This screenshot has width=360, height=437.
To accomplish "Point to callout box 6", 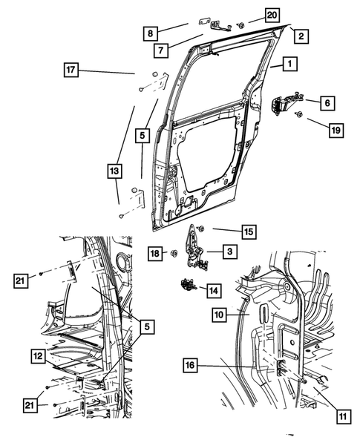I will [328, 102].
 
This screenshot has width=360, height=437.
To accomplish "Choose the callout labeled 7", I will [160, 50].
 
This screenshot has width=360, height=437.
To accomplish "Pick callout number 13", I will [114, 171].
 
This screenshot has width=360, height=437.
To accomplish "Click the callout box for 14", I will [214, 291].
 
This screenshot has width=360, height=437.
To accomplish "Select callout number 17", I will [71, 70].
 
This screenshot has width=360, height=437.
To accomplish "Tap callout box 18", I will [155, 254].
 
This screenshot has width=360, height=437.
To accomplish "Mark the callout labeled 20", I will [252, 15].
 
